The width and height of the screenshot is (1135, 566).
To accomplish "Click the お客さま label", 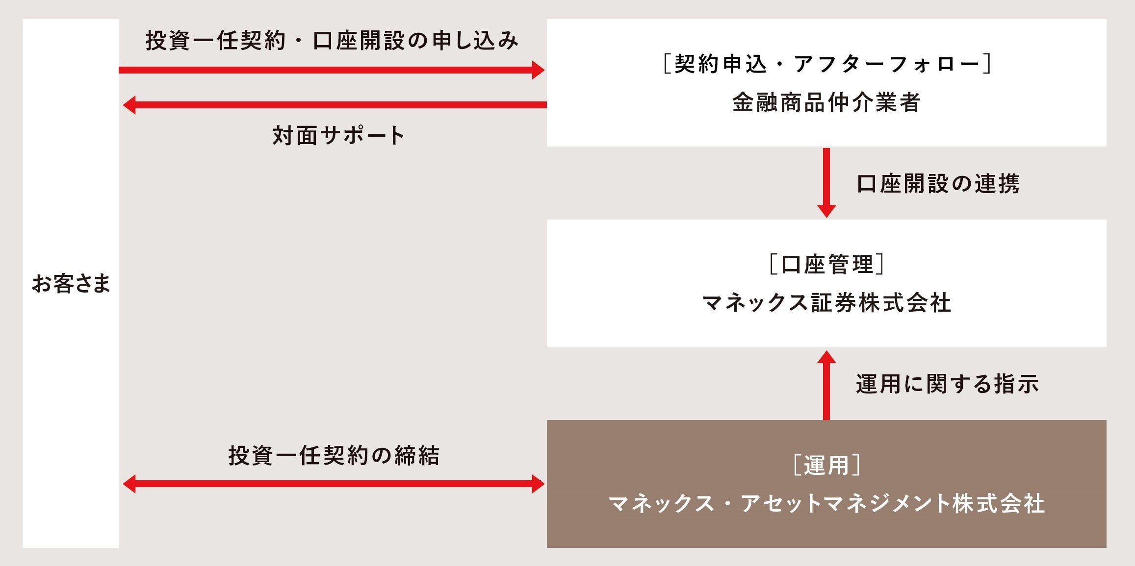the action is [x=71, y=284].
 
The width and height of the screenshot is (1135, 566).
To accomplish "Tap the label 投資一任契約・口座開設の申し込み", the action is [x=332, y=41].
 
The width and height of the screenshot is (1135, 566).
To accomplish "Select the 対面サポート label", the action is [x=338, y=135].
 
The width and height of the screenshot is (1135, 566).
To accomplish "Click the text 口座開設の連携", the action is [x=938, y=184].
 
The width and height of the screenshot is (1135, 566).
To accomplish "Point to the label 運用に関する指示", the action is [x=947, y=384].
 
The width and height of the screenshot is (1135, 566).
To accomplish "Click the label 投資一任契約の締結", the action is [x=334, y=455].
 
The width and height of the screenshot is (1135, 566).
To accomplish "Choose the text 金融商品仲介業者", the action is [x=826, y=102].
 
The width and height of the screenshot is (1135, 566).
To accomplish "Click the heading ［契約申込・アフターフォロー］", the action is [x=826, y=64].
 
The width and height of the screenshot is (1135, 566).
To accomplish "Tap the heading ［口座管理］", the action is [x=826, y=265].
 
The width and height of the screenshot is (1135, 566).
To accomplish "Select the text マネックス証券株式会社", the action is [x=826, y=303].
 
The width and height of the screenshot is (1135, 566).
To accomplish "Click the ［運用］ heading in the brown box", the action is [x=826, y=465].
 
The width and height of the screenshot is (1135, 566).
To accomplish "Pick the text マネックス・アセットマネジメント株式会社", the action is [x=826, y=504].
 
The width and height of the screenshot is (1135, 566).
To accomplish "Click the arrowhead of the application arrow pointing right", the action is [x=538, y=70].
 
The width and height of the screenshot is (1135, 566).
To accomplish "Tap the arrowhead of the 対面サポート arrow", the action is [x=129, y=105].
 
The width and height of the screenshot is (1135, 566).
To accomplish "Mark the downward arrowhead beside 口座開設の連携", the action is [x=826, y=211].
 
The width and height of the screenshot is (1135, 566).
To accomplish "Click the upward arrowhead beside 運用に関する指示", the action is [x=826, y=357].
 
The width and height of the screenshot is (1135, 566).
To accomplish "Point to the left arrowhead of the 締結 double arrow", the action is [x=129, y=484].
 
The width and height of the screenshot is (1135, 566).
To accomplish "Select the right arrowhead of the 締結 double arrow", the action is [x=538, y=484].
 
